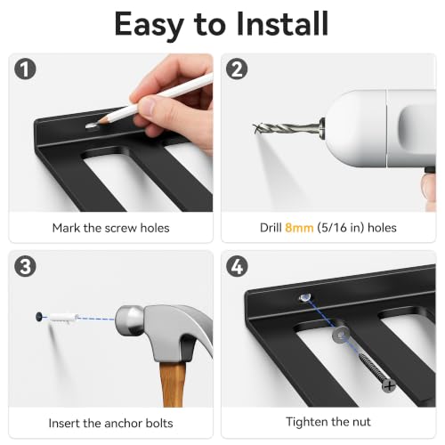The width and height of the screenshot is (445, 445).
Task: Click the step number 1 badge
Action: pos(25,69)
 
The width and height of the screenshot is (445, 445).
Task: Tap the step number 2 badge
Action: pos(237,69)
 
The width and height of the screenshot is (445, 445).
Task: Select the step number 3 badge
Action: pos(25,266)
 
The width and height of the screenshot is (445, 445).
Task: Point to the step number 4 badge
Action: pos(237,266)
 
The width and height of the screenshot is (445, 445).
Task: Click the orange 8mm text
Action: pos(299,228)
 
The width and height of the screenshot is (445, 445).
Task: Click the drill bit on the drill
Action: pos(287,128)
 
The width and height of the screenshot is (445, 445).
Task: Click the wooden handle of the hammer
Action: pos(173,384)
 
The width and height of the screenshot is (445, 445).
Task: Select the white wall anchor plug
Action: pos(63,318)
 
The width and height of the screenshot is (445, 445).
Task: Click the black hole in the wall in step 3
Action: pos(39,317)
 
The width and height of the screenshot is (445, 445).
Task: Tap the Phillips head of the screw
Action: pos(389,386)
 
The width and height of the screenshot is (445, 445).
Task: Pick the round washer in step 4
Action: pos(341,335)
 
